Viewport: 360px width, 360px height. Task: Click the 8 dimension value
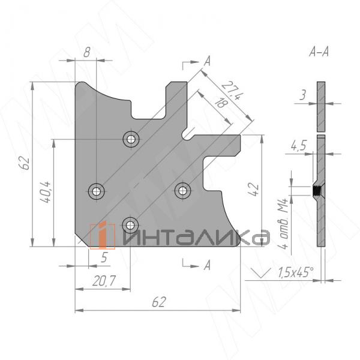(x=87, y=52)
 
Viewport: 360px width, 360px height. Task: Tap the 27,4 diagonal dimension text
(x=232, y=91)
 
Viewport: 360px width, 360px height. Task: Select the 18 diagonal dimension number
(x=221, y=103)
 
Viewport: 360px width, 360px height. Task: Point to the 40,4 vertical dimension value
(x=45, y=192)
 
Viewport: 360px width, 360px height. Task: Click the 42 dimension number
(x=254, y=189)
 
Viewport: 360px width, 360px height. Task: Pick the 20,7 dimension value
(x=104, y=281)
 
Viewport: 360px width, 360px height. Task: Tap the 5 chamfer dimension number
(x=104, y=257)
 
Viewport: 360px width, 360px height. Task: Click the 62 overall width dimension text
(x=158, y=302)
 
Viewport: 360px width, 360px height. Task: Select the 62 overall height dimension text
(x=24, y=163)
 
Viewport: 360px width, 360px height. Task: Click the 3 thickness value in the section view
(x=303, y=95)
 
